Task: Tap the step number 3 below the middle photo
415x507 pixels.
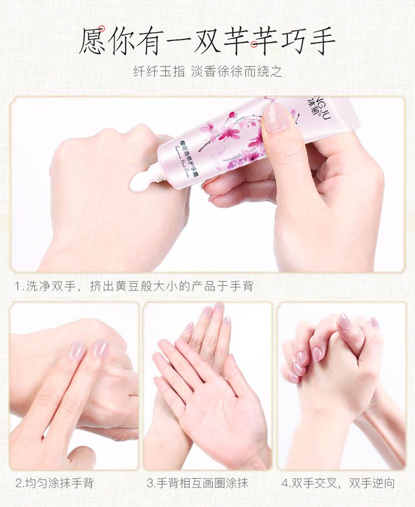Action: coord(150,483)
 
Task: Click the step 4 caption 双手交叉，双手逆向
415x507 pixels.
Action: coord(343,483)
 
